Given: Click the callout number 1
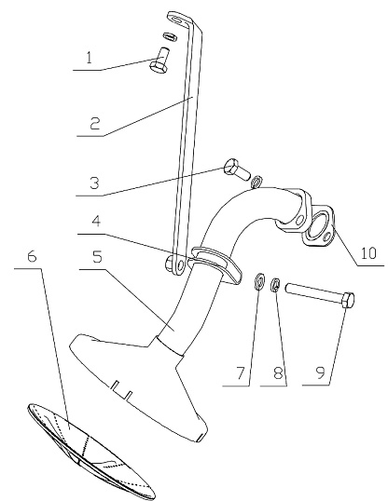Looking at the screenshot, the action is click(90, 58).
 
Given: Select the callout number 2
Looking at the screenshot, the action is click(95, 124).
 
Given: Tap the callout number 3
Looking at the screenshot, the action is click(94, 183).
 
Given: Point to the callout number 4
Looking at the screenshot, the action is click(96, 221).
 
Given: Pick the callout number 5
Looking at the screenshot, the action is click(97, 257).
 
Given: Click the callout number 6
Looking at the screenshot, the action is click(32, 256).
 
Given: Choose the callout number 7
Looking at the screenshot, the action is click(241, 372).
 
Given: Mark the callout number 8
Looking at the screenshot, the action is click(279, 372).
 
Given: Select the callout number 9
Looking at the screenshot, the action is click(320, 372).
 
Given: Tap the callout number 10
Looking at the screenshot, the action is click(368, 253).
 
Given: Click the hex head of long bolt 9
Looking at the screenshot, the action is click(348, 300).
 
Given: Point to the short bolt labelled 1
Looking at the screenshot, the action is click(159, 61).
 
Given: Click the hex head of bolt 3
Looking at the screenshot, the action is click(230, 167).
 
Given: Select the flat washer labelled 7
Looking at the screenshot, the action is click(259, 280).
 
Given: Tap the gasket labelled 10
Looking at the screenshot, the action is click(319, 226).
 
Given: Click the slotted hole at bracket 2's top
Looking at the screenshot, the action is click(178, 20).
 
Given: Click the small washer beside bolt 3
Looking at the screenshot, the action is click(256, 182).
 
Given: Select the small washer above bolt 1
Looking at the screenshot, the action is click(171, 36).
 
